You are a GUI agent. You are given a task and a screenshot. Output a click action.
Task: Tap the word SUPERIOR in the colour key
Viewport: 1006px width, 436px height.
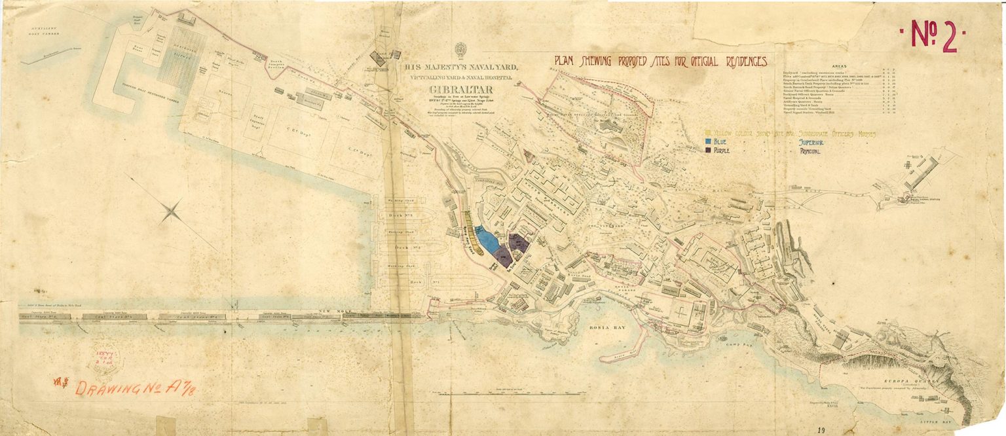click(x=815, y=141)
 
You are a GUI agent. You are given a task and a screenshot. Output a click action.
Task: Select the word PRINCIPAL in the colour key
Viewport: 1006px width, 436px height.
click(x=815, y=151)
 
